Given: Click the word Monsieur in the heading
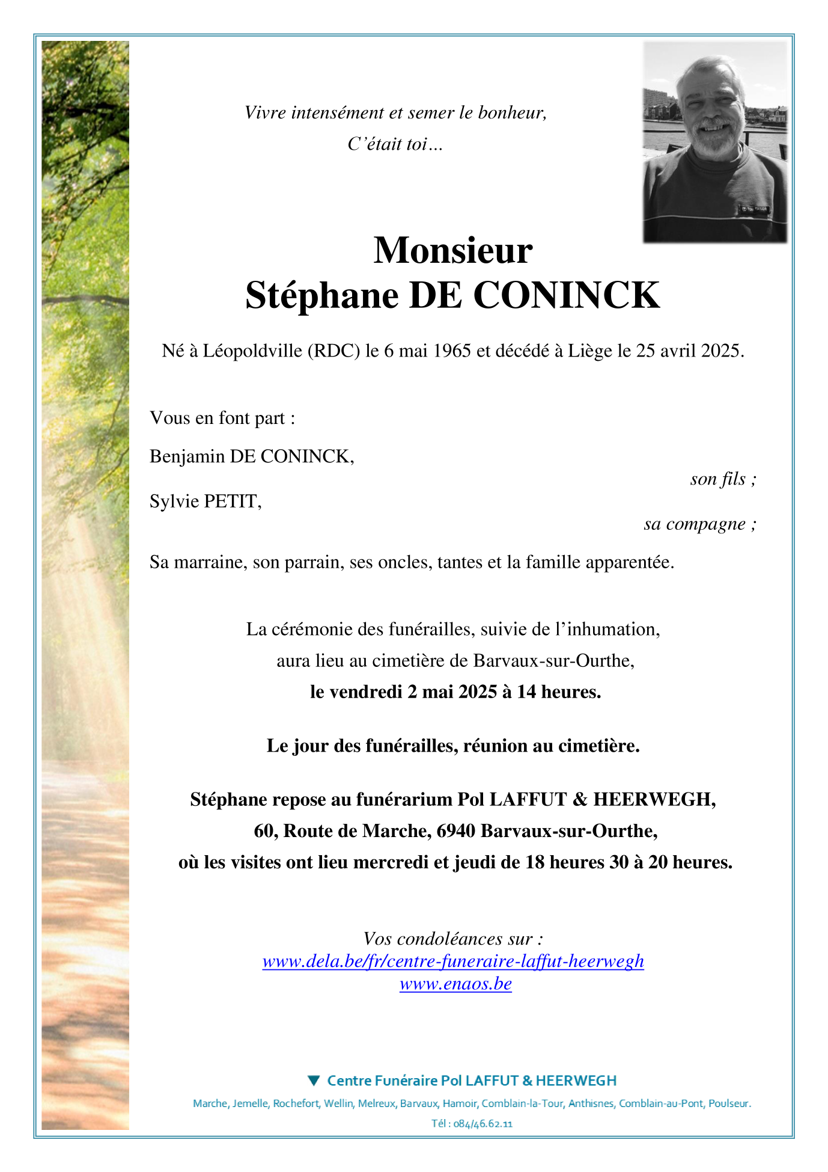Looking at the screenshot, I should pos(452,250).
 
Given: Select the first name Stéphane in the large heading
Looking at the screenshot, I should pos(321,295).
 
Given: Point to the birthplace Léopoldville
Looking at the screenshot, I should pos(252,351).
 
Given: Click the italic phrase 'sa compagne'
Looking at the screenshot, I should pos(695,524).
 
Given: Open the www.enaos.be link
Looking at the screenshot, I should pos(455,984).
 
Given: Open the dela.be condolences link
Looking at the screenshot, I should pos(453,961).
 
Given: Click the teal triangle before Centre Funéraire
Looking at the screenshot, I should pos(313,1081).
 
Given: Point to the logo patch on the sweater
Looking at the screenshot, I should pos(753,209).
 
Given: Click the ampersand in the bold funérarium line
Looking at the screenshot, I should pos(580,800).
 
